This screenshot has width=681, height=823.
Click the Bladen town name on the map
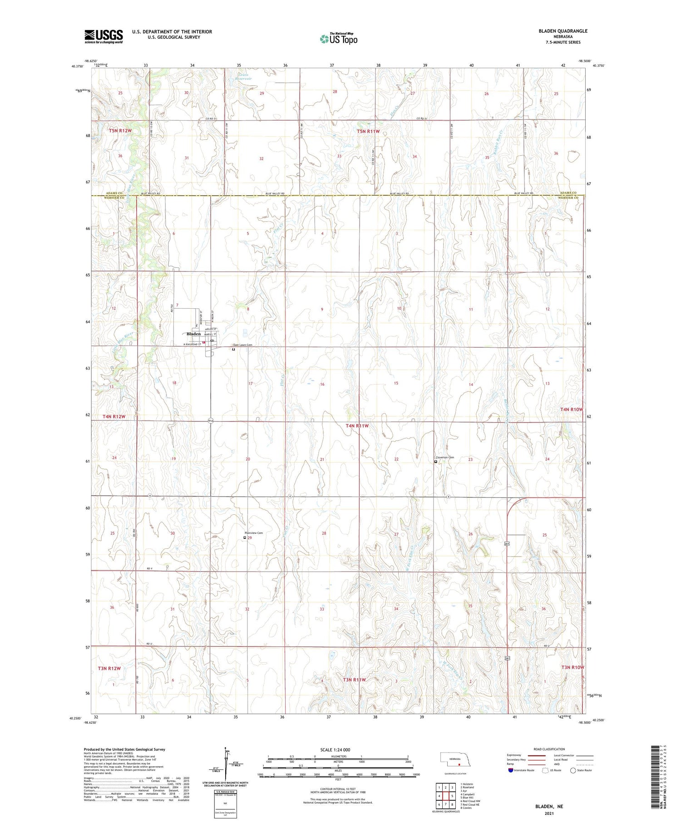coord(193,334)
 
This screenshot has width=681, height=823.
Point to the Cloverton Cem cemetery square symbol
coord(436,462)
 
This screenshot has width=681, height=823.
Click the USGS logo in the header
coord(104,36)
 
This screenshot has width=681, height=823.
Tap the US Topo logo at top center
coord(339,39)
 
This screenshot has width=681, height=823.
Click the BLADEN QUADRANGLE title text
coord(563,31)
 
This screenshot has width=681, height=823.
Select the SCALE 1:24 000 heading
coord(335,749)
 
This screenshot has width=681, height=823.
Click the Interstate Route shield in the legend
coord(511,770)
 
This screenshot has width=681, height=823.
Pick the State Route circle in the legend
coord(573,770)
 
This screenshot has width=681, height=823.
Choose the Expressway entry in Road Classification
coord(516,755)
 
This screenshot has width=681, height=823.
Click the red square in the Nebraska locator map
coord(459,764)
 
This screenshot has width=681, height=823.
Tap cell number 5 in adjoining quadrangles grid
coord(452,796)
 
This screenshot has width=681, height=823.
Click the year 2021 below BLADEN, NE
coord(547,813)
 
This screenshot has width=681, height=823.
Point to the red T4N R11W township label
coord(357,426)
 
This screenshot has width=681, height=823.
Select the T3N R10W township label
coord(572,667)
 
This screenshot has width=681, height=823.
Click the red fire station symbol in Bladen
coord(204,342)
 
